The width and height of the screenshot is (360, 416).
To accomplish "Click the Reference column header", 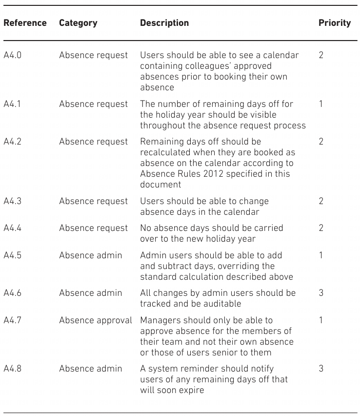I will tap(25, 23).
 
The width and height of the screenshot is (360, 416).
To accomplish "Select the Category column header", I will tap(78, 23).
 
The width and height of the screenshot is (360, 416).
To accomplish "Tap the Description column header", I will tap(164, 23).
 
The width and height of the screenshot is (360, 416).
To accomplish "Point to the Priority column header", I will tap(335, 23).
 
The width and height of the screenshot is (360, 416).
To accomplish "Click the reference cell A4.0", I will tap(13, 55).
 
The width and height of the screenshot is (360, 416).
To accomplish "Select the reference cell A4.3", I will tap(13, 201).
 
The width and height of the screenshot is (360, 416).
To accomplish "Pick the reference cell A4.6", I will tap(13, 293).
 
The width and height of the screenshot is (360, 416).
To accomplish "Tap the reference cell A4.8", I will tap(13, 369).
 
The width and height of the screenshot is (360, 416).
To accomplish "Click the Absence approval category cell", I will tap(96, 320).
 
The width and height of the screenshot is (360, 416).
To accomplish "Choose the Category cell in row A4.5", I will tap(91, 255).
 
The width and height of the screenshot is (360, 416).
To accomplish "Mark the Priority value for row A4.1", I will tap(321, 104).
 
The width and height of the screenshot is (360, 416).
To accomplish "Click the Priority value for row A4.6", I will tap(321, 293).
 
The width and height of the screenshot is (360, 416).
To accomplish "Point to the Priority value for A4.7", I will tap(321, 320).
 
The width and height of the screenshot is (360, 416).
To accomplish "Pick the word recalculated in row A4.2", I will tap(165, 152).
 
